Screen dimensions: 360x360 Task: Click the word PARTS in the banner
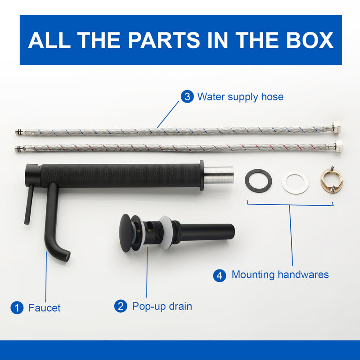164,40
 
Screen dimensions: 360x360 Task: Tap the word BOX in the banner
310,40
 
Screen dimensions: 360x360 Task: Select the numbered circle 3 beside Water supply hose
187,96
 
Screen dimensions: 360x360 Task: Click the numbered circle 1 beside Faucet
17,308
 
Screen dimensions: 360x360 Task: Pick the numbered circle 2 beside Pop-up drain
121,306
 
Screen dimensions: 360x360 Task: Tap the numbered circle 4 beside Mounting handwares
220,275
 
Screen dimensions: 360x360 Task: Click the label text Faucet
44,308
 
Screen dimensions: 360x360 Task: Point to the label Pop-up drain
162,307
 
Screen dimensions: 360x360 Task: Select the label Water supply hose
240,97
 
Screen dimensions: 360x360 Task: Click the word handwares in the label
303,274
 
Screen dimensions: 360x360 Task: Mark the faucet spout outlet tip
67,256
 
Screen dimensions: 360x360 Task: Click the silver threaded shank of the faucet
218,175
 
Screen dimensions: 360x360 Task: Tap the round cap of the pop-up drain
126,233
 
